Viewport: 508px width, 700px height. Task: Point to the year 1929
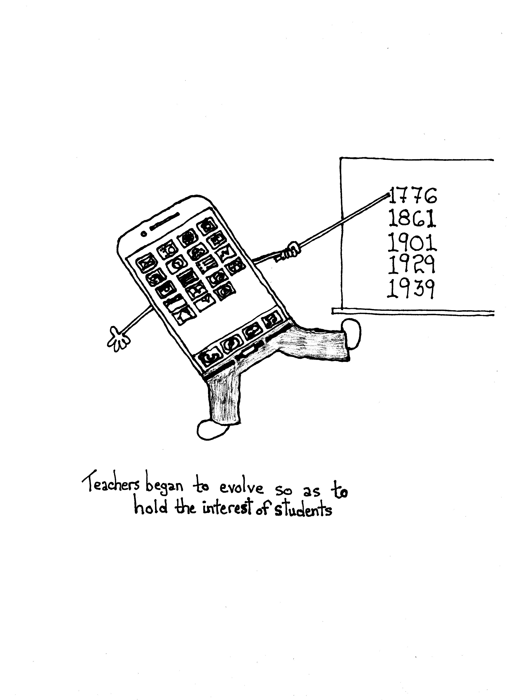click(x=411, y=265)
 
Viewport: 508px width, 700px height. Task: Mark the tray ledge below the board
click(x=413, y=312)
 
